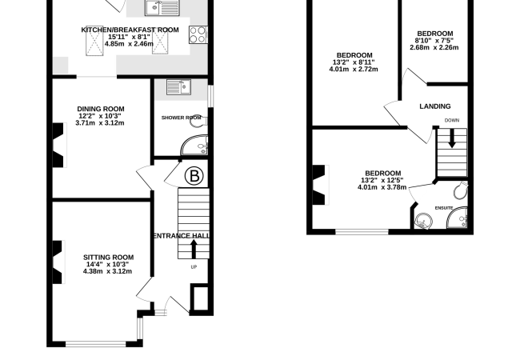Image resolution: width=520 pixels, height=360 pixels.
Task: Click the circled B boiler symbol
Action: click(194, 176)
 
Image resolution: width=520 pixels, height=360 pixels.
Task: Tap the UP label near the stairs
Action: click(194, 267)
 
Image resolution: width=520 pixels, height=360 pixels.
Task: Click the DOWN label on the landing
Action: click(452, 120)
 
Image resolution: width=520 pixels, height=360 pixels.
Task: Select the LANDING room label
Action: click(435, 106)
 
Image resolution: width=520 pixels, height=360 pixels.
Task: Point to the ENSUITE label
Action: click(444, 208)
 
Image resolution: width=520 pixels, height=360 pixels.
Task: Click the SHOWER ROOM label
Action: click(181, 118)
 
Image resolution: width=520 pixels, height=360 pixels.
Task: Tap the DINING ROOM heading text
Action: click(101, 109)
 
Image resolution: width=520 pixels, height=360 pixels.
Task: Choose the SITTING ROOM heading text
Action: click(109, 258)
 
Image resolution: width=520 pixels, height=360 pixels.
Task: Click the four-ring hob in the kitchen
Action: click(198, 35)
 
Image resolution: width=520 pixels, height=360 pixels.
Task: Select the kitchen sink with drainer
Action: click(162, 8)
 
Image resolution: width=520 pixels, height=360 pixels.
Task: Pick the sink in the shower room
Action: click(178, 87)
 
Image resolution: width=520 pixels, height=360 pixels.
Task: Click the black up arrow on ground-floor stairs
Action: click(194, 250)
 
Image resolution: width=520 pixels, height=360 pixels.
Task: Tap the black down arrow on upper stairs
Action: click(452, 138)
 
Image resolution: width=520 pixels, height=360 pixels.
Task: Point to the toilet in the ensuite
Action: click(461, 190)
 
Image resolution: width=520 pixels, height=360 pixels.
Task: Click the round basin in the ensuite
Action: click(424, 221)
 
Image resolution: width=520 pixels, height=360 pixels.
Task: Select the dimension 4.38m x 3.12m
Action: click(107, 271)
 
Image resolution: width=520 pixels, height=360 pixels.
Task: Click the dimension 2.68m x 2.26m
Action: click(434, 47)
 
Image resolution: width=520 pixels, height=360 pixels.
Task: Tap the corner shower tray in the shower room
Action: click(194, 145)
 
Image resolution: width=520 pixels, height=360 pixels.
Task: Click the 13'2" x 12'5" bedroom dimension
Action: click(382, 180)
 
